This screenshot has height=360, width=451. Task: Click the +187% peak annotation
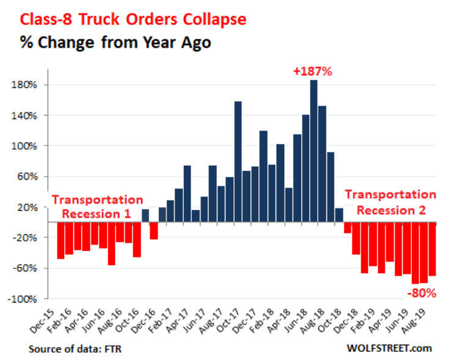[312, 72]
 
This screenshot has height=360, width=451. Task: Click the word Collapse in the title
[211, 19]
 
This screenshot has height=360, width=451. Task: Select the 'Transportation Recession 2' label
[391, 202]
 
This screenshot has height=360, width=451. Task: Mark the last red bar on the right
[431, 249]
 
